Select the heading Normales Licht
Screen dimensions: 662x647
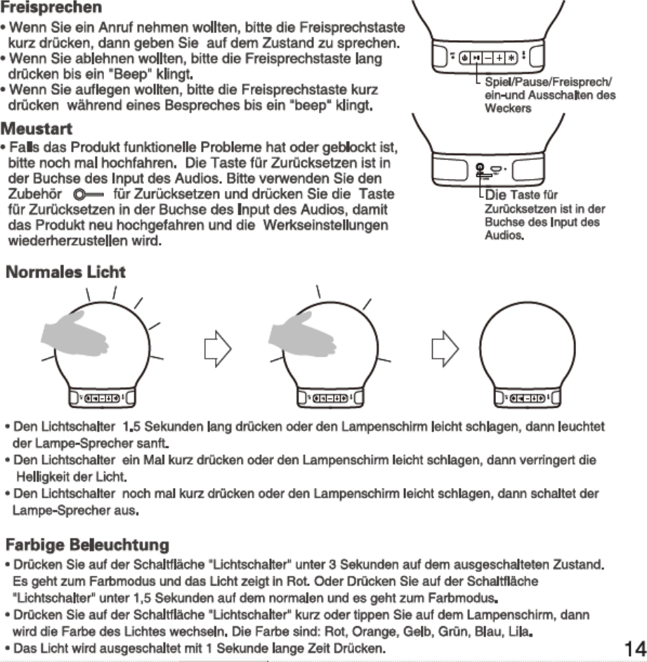click(x=66, y=272)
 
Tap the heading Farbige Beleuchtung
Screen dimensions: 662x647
click(x=87, y=545)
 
